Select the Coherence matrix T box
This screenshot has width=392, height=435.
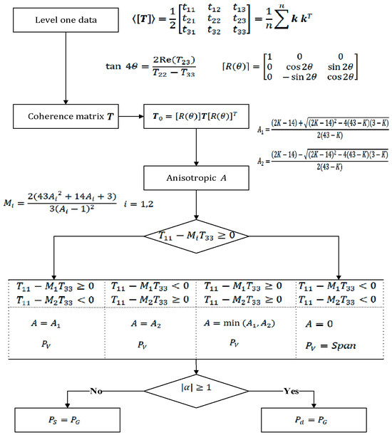[65, 115]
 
